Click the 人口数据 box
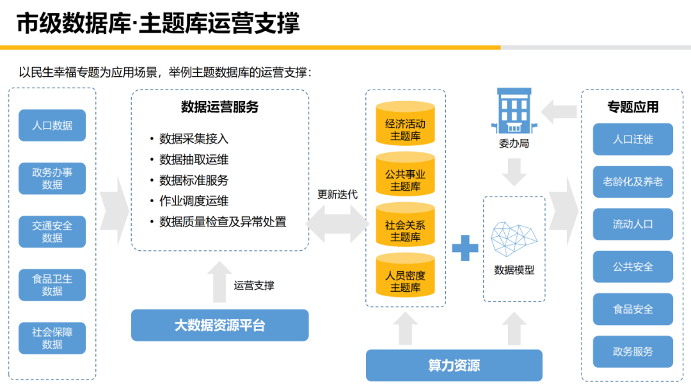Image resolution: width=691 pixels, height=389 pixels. coord(52,125)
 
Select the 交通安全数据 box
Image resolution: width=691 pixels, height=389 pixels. coord(52,232)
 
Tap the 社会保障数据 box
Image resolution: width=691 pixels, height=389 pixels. coord(52,338)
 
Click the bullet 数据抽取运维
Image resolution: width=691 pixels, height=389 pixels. coord(194,159)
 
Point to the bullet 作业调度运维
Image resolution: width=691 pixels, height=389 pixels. coord(194,201)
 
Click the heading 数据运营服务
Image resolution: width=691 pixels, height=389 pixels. coord(219,107)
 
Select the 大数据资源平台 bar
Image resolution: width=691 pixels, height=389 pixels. coord(219,325)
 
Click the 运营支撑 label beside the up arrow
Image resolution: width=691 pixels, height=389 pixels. coord(254,285)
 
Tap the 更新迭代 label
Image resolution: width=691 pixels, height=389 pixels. coord(337,194)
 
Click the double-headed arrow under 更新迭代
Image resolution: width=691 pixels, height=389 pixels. coord(338,223)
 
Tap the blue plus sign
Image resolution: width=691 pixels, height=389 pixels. coord(465,248)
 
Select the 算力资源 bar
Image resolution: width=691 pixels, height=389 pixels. coord(454,365)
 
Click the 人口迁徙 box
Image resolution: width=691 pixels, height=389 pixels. coord(633,139)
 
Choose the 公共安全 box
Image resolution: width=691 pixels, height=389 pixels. coord(633,266)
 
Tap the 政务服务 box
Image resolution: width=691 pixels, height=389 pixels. coord(633,351)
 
